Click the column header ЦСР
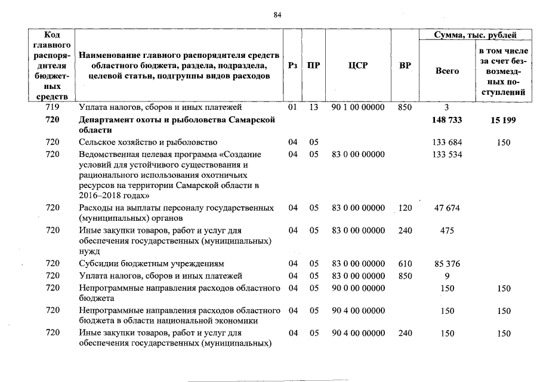[x=357, y=66]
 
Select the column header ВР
[x=405, y=66]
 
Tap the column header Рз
[x=292, y=66]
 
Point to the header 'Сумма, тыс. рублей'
[x=475, y=35]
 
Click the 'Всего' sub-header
[x=447, y=71]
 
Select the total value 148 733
[x=447, y=121]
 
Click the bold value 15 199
[x=503, y=121]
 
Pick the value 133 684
[x=447, y=143]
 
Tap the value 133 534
[x=447, y=155]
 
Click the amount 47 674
[x=447, y=208]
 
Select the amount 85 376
[x=447, y=264]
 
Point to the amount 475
[x=447, y=231]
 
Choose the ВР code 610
[x=405, y=264]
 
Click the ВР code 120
[x=405, y=208]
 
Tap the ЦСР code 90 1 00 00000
[x=358, y=107]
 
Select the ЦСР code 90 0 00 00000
[x=358, y=289]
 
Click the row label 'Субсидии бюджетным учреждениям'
[x=152, y=264]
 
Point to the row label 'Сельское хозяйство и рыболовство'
[x=149, y=143]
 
